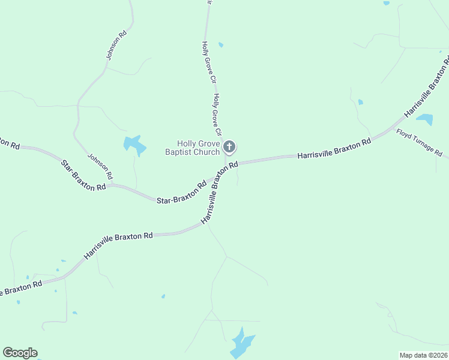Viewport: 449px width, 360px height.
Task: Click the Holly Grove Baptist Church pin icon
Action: click(229, 146)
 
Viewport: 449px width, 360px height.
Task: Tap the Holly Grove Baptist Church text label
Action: click(193, 148)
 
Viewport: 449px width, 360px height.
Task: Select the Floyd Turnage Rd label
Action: click(419, 142)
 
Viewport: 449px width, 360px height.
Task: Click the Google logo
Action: click(20, 353)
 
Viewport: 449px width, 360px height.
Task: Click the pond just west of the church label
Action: click(134, 145)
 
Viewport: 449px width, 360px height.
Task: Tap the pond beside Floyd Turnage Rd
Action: click(424, 119)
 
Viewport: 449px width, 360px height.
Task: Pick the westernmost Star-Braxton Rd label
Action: click(83, 175)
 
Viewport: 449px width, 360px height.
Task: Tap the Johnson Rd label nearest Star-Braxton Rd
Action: click(100, 167)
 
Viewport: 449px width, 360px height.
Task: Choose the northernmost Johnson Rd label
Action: click(116, 45)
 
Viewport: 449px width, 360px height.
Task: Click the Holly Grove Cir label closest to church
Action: click(217, 114)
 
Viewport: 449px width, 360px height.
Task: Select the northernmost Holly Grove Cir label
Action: click(208, 62)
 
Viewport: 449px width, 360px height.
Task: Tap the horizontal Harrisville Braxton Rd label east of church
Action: click(334, 150)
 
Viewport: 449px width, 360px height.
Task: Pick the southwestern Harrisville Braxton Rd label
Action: click(118, 245)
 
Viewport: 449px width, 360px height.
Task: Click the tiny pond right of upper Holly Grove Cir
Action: click(221, 44)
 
